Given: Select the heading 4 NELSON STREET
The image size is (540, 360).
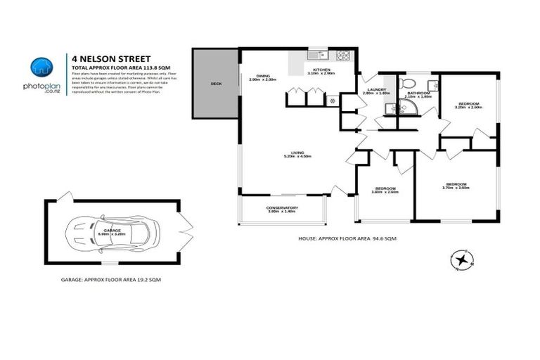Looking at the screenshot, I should [x=111, y=59].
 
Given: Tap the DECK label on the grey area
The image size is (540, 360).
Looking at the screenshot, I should [x=216, y=83].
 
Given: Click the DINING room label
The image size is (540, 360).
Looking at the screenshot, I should [x=263, y=77].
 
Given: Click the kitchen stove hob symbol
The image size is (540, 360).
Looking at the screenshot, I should [x=345, y=55].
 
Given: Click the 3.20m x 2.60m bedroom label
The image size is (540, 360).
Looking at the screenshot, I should [x=468, y=105].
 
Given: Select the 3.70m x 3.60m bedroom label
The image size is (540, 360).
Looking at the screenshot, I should [x=455, y=186].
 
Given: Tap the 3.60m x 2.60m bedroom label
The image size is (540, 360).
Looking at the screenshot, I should [x=386, y=189].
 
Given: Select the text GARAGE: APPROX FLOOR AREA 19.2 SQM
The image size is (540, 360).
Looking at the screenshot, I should [x=111, y=280].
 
